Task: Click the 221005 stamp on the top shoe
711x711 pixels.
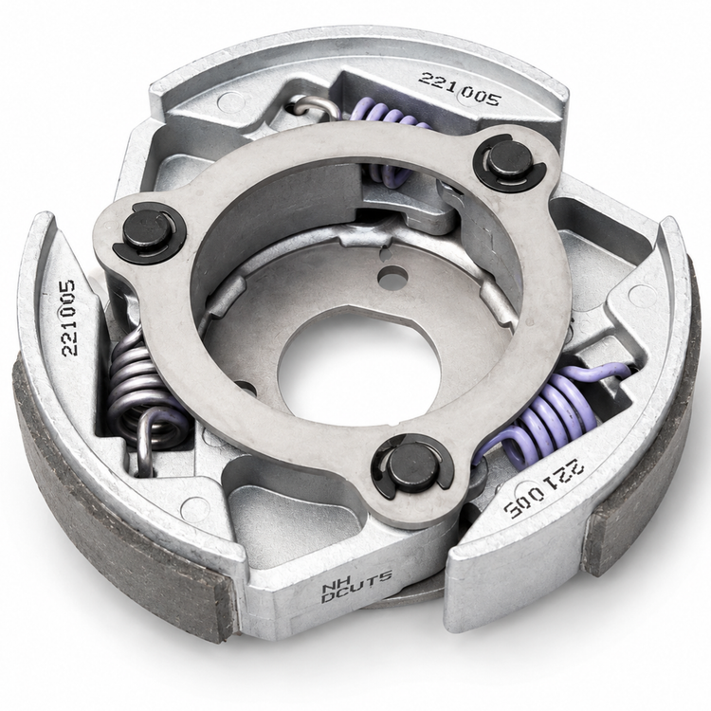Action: coord(459,89)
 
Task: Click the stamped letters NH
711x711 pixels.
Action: coord(332,587)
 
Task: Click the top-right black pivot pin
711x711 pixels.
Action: coord(502,166)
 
